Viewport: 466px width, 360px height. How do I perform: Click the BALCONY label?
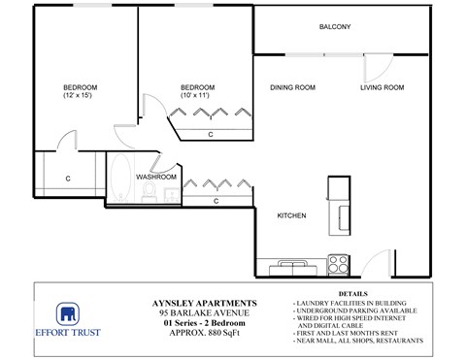[x=335, y=27]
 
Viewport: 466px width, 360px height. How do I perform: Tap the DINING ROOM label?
[x=292, y=88]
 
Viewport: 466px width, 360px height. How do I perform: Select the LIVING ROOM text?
[x=382, y=88]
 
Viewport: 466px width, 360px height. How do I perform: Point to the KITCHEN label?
[x=292, y=215]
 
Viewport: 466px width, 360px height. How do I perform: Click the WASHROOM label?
[x=155, y=178]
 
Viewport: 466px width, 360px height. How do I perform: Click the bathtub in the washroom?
[x=120, y=180]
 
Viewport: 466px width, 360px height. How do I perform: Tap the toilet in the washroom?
[x=150, y=195]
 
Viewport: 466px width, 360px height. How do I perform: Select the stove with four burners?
[x=339, y=262]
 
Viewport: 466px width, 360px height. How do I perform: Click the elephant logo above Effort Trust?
[x=67, y=313]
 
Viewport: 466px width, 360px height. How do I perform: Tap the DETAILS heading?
[x=354, y=292]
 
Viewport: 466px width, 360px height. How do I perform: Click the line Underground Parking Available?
[x=354, y=310]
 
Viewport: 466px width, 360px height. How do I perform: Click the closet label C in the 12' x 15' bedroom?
[x=68, y=179]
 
